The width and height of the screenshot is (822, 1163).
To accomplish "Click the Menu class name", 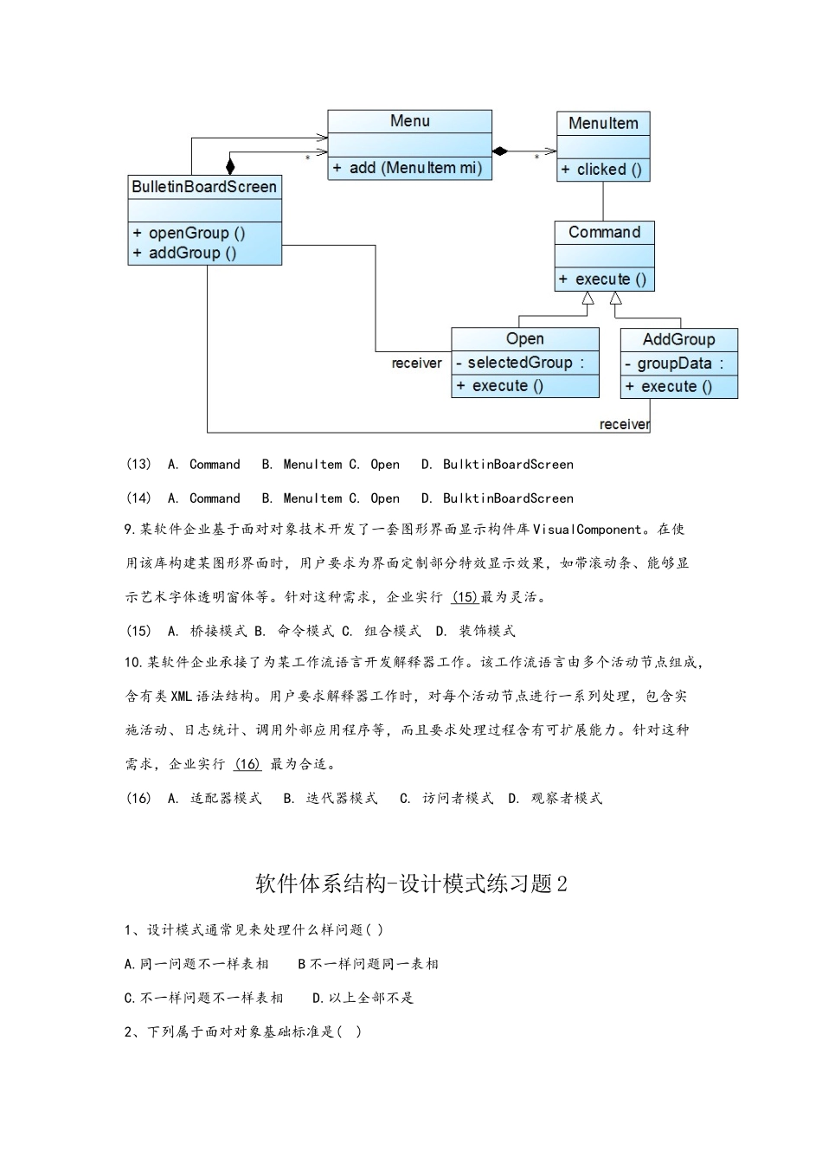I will coord(409,121).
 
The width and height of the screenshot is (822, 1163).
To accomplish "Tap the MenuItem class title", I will coord(603,124).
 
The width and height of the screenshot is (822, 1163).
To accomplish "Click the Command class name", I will coord(604,232).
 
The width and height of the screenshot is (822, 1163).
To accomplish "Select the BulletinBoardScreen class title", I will coord(204,187).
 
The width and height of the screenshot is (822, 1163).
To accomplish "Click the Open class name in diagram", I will coord(524,338).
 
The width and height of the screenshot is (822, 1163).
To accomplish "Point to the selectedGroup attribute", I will coord(520,363).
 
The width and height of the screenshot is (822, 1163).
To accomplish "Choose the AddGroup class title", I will coord(678,339).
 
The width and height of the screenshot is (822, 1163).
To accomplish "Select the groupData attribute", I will coord(674,363).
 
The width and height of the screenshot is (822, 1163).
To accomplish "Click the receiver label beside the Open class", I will coord(416,363).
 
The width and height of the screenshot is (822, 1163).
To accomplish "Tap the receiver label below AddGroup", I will coord(624,424).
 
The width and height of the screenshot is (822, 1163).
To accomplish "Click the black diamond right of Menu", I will coord(499,151).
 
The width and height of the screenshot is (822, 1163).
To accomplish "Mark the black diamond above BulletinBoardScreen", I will coord(230,165).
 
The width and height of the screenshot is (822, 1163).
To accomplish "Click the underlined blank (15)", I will coord(465,597).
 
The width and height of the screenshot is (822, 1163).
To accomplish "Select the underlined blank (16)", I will coord(247,764).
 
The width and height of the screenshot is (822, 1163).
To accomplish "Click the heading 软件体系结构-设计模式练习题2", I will coord(411,883).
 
